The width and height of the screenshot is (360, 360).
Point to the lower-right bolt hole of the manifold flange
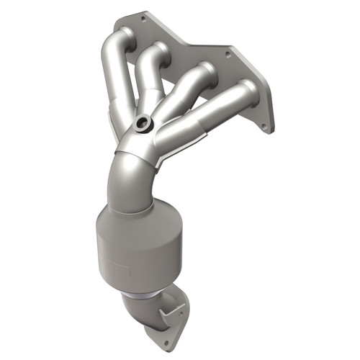coord(263,127)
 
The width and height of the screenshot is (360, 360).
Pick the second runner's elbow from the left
coord(156,54)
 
